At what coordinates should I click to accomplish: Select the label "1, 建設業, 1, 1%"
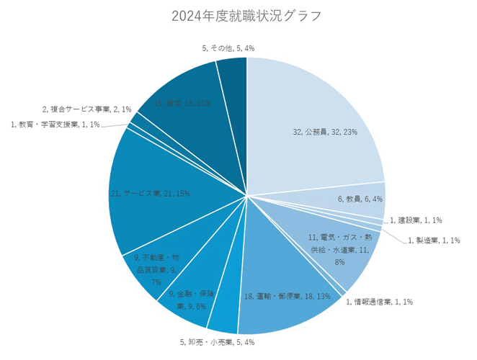coord(416,220)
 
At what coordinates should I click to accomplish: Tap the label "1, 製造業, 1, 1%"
coord(433,240)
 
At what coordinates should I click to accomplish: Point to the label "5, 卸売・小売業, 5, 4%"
coord(217,342)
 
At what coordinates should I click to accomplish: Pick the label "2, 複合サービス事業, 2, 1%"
coord(86,109)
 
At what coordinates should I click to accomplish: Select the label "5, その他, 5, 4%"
coord(228,48)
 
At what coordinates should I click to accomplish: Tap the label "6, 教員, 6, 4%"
coord(360,199)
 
